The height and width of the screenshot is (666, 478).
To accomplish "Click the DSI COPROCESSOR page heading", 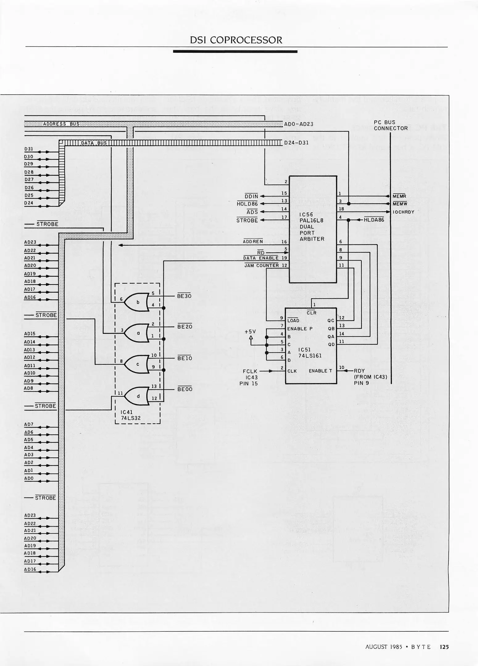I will coord(236,40).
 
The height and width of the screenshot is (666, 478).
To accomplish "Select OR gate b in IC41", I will coord(137,302).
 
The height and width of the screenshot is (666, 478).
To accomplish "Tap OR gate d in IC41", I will coord(137,396).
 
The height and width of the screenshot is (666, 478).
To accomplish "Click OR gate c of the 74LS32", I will coord(137,364).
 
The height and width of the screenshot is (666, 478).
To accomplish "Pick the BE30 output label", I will coord(184,296).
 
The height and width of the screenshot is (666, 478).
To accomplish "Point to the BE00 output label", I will coord(185,389).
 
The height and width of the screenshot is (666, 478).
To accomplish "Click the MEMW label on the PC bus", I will coord(400,204).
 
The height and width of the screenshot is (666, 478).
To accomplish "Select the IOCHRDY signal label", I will coord(403,212).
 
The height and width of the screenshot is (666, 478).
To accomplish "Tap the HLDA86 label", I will coord(374,220).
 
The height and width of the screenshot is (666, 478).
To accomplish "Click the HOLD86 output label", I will coord(247,204).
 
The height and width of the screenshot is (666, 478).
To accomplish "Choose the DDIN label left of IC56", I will coord(251,196).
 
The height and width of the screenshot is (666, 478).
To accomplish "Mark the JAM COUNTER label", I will coord(261,265).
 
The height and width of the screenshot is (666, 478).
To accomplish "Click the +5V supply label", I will coord(250,331).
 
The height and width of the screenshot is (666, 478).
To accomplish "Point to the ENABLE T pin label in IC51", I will coord(320,371).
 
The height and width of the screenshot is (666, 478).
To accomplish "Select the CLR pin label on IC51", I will coord(311,313).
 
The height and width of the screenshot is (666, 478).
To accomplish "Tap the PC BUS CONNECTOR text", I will coord(390,125).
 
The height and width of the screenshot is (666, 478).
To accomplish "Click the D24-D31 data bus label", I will coord(296,143).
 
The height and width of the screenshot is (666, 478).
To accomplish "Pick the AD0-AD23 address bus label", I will coord(298,124).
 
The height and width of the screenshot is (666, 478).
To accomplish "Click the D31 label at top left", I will coord(29,149).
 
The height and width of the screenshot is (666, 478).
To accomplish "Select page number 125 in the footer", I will coord(444,647).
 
